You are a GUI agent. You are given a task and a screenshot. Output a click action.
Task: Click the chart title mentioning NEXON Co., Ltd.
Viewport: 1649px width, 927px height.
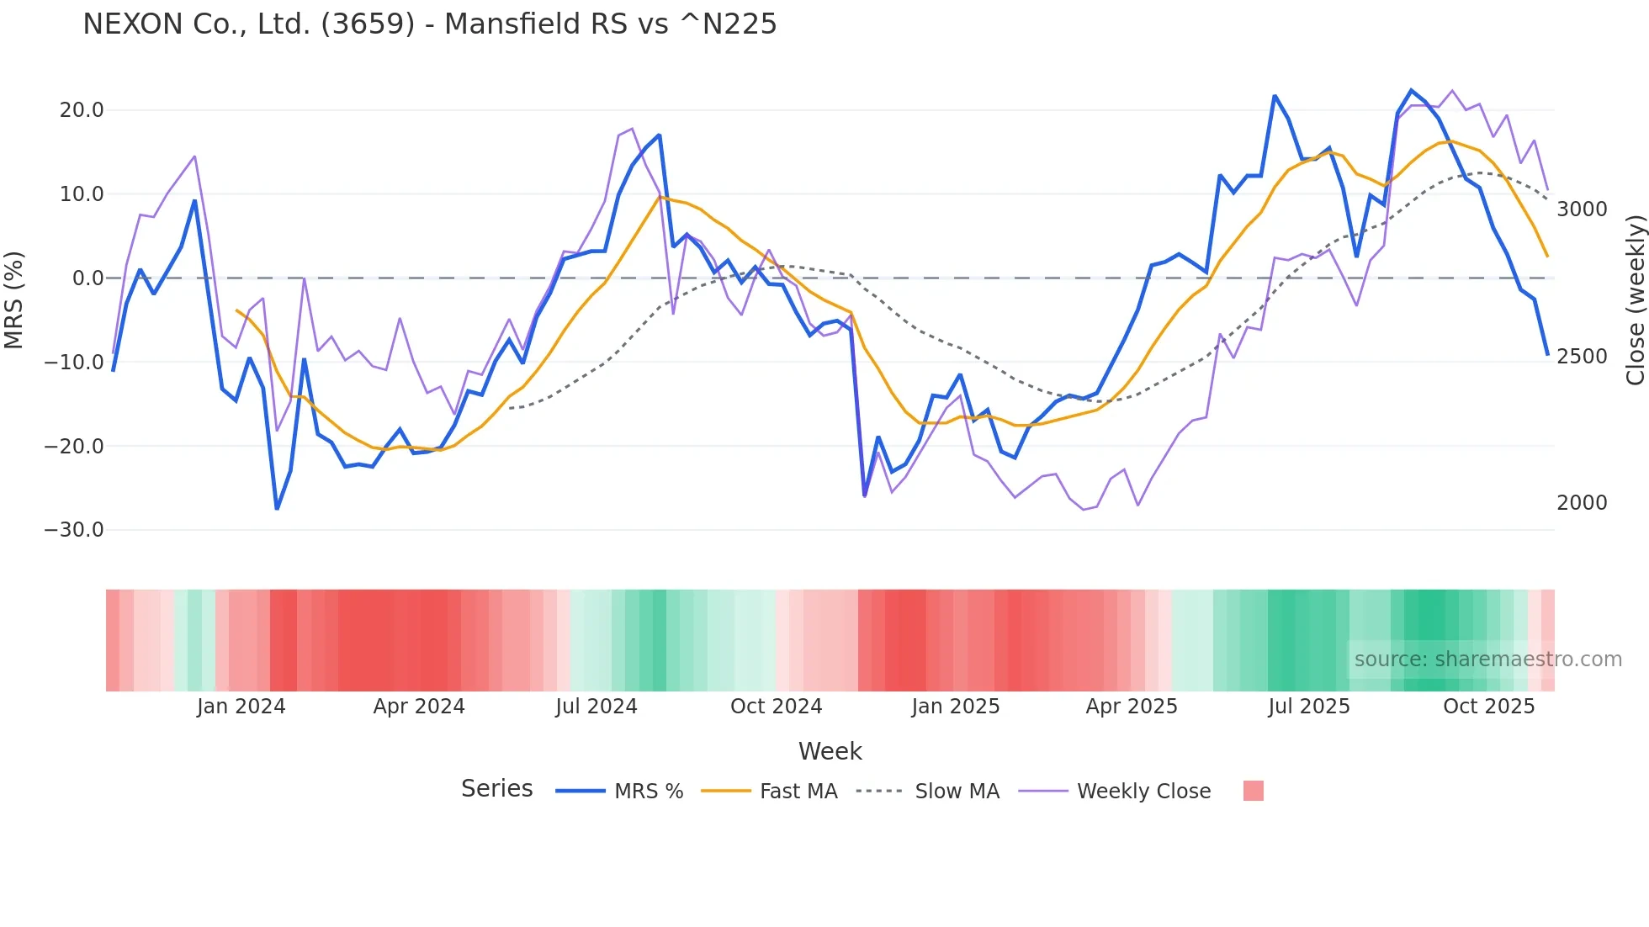coord(429,24)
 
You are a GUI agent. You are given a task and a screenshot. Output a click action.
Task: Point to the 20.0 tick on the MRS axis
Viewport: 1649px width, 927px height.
coord(82,110)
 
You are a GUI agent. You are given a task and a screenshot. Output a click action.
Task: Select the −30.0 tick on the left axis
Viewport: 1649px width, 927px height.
coord(74,530)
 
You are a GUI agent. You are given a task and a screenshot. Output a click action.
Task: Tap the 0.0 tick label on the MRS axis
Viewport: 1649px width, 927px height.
coord(87,278)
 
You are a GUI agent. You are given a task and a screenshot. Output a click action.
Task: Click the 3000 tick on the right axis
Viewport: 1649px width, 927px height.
coord(1582,209)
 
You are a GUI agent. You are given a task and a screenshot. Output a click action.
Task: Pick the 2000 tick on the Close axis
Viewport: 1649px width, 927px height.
coord(1582,503)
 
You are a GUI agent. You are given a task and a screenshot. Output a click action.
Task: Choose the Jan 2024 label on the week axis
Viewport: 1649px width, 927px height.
coord(241,707)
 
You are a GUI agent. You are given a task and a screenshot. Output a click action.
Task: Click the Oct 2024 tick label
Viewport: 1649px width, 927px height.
coord(776,707)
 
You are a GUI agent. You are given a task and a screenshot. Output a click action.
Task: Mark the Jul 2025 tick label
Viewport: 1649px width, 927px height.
coord(1309,707)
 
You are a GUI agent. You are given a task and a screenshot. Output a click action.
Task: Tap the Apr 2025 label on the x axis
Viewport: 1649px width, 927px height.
coord(1132,707)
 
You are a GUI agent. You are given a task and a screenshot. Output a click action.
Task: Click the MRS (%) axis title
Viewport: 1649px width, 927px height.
coord(14,299)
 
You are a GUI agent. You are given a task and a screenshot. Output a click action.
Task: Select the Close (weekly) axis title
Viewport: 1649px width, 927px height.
coord(1635,299)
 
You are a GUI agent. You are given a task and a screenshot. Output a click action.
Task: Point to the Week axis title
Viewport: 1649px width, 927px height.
coord(830,751)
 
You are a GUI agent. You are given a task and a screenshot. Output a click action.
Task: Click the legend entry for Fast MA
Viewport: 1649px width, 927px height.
coord(798,792)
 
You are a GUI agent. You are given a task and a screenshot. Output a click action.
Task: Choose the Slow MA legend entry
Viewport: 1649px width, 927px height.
coord(957,792)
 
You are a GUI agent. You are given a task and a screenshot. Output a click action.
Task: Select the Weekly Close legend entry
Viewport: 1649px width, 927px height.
coord(1143,792)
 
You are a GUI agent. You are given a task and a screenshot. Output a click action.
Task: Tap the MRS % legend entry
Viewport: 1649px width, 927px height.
coord(648,792)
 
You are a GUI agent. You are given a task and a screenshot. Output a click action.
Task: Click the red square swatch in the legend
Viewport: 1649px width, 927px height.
coord(1253,791)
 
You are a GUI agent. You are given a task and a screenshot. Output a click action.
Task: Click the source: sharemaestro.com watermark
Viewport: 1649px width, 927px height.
coord(1487,659)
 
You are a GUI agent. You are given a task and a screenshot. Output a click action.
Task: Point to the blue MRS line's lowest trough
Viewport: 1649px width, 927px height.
coord(277,509)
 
